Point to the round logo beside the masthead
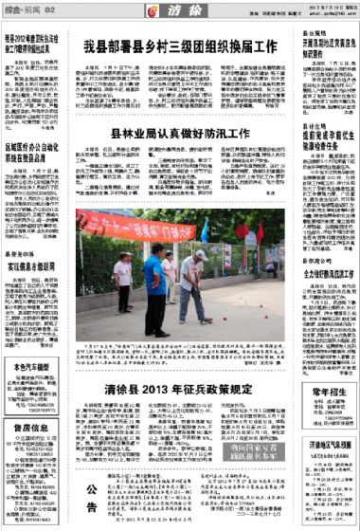tap(150, 11)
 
